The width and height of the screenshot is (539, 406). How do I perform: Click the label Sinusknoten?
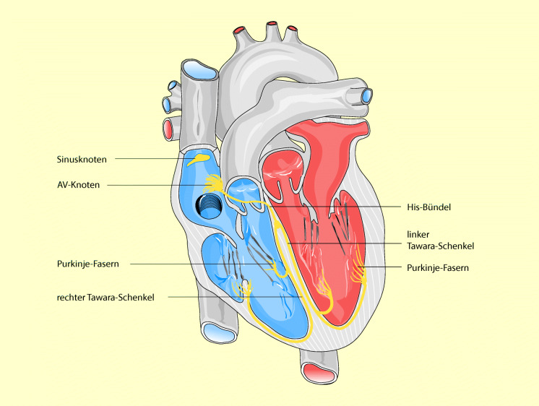(x=80, y=158)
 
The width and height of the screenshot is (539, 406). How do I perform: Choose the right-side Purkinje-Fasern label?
(x=439, y=267)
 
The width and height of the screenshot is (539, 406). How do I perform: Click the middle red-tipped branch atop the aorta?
(x=272, y=26)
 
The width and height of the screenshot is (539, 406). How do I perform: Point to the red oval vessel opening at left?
(x=168, y=130)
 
